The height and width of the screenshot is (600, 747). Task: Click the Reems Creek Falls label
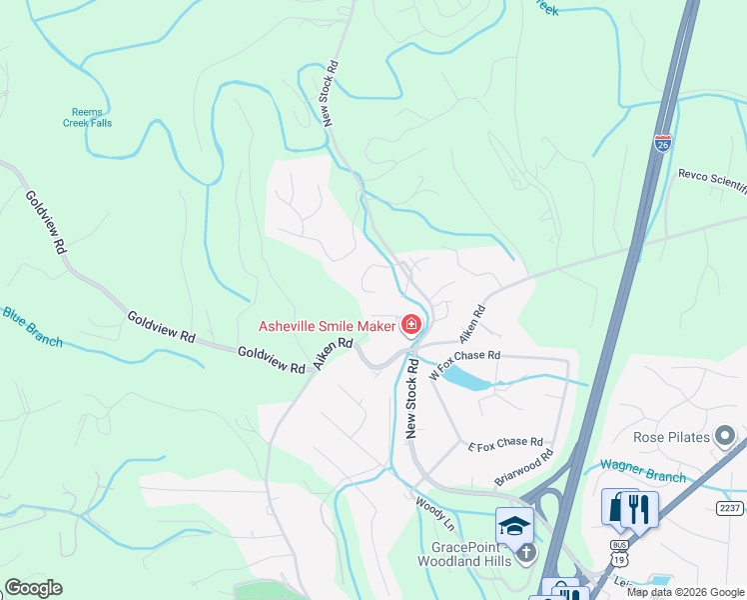(x=91, y=117)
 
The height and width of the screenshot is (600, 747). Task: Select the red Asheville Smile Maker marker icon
(x=410, y=325)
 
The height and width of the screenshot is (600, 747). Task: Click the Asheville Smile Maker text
(x=326, y=325)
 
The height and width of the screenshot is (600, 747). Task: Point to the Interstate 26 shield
(x=663, y=144)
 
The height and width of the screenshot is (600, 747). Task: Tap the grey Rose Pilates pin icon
(x=725, y=437)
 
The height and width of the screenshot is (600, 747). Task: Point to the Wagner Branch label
(x=642, y=469)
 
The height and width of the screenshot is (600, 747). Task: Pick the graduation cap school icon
(x=514, y=525)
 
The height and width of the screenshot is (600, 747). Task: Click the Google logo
(x=33, y=588)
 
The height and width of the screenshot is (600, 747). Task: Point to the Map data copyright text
(x=685, y=592)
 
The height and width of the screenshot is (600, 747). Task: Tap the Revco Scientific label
(x=712, y=174)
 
